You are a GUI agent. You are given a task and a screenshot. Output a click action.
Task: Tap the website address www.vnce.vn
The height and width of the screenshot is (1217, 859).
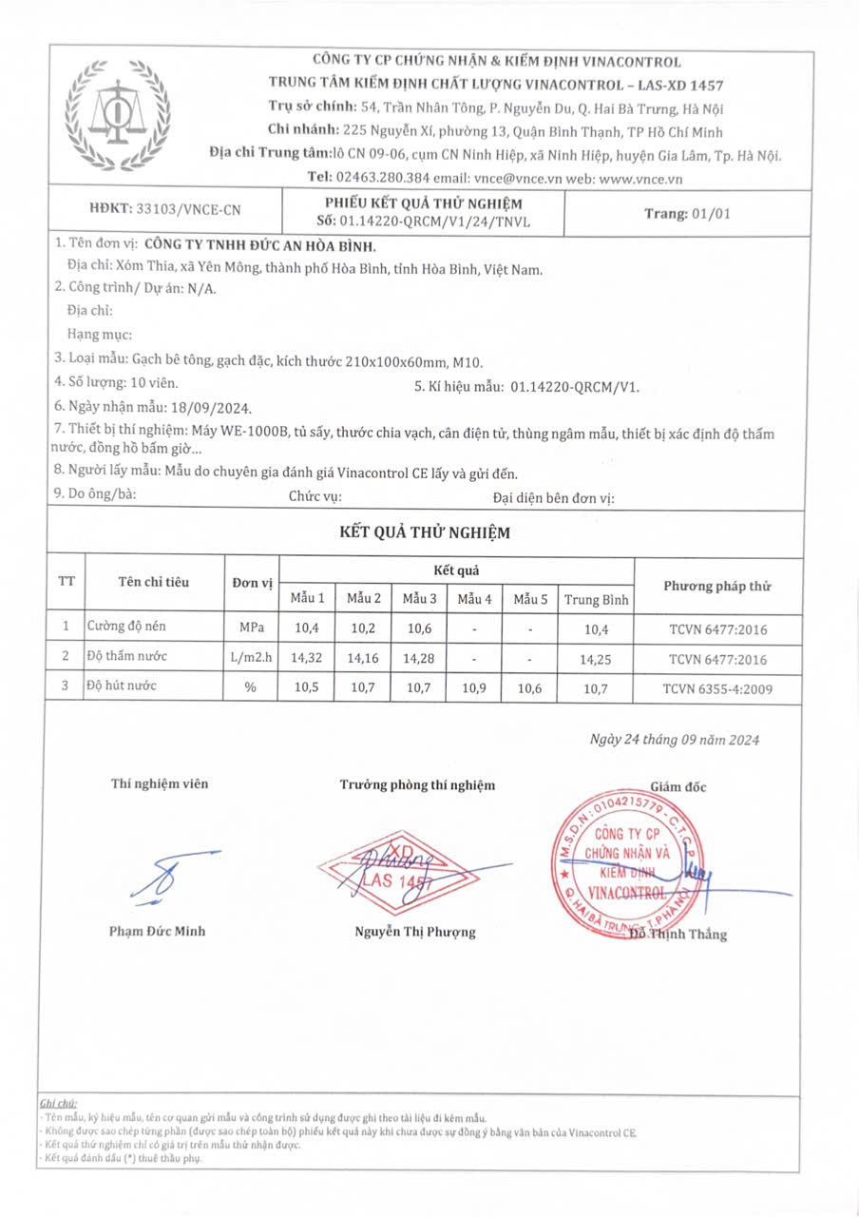click(x=641, y=178)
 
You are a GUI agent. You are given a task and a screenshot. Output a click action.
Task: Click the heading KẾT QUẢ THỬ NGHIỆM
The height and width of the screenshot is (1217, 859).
click(x=425, y=532)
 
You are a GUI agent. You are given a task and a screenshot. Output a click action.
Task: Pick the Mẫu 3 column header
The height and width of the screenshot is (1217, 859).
click(x=419, y=599)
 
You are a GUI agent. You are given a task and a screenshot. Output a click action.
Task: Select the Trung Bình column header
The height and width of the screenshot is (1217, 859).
click(x=596, y=599)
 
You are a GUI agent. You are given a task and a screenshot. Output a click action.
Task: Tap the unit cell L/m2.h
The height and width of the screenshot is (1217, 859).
click(x=251, y=658)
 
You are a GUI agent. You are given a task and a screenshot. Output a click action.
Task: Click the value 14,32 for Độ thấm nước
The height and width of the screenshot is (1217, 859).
click(x=307, y=658)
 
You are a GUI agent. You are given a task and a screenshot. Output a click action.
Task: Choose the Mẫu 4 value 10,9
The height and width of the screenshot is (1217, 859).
click(x=474, y=687)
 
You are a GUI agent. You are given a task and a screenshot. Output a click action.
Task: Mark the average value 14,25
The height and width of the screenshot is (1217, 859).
click(x=596, y=658)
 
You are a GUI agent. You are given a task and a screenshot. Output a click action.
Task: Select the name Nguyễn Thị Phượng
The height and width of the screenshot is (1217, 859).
click(x=415, y=932)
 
